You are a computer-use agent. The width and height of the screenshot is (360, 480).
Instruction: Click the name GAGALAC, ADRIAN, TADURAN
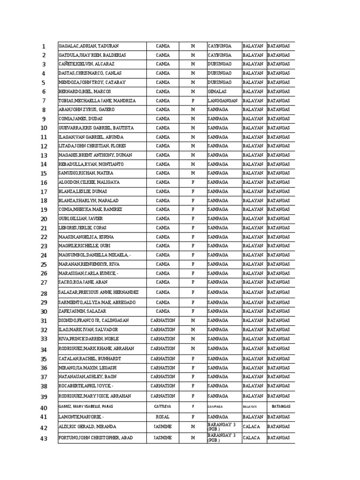[x=89, y=46]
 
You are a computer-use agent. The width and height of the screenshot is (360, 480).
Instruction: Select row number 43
[x=44, y=439]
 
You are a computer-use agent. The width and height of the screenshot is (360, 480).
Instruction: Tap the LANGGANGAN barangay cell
[x=223, y=101]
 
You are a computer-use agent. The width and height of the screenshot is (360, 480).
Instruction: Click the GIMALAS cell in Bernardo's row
[x=217, y=91]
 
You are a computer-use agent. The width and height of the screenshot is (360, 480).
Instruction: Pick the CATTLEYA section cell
[x=163, y=406]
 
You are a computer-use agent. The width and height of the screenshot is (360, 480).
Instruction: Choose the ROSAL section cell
[x=163, y=416]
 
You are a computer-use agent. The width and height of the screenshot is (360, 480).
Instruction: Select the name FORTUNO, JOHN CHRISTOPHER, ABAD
[x=96, y=438]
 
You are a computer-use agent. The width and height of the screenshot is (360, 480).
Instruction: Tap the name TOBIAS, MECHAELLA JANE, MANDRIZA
[x=97, y=101]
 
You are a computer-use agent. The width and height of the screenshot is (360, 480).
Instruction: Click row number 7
[x=44, y=101]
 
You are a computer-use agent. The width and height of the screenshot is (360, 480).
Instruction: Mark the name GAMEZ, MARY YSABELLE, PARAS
[x=86, y=406]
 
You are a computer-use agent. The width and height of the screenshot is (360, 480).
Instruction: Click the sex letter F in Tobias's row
[x=193, y=101]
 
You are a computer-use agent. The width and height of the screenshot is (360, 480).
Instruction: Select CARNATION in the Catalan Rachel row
[x=163, y=359]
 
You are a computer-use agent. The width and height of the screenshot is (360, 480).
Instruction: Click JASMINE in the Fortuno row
[x=163, y=438]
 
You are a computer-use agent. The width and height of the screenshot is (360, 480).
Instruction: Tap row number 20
[x=44, y=219]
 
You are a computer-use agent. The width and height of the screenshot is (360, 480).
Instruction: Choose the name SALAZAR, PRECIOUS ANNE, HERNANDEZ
[x=98, y=293]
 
